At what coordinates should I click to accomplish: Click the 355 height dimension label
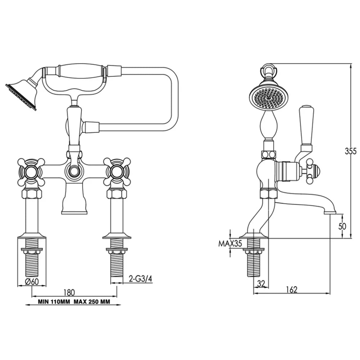pyautogui.click(x=351, y=151)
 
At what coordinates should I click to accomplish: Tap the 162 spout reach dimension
pyautogui.click(x=292, y=290)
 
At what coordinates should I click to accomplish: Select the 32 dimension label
pyautogui.click(x=261, y=284)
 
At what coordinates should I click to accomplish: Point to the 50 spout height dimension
pyautogui.click(x=342, y=226)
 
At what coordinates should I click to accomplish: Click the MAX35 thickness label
pyautogui.click(x=230, y=243)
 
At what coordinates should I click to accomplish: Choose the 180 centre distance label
pyautogui.click(x=69, y=292)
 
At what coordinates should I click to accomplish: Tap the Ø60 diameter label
pyautogui.click(x=32, y=282)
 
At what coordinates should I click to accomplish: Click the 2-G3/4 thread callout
pyautogui.click(x=140, y=279)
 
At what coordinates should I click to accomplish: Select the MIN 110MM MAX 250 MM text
pyautogui.click(x=74, y=301)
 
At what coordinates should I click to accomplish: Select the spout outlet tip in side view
pyautogui.click(x=330, y=212)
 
